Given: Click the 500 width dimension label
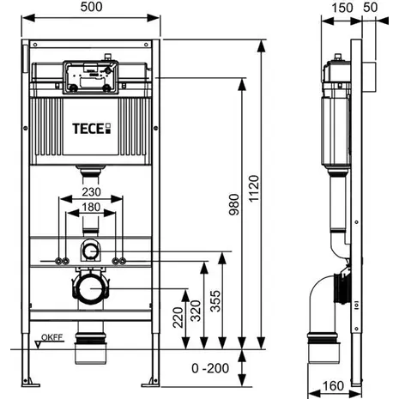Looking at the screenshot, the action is pyautogui.click(x=91, y=7).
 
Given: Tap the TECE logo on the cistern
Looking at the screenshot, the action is pyautogui.click(x=91, y=129).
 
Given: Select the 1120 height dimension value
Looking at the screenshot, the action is pyautogui.click(x=253, y=189).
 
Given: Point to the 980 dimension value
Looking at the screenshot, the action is pyautogui.click(x=234, y=204).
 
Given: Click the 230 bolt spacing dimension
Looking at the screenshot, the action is pyautogui.click(x=91, y=191).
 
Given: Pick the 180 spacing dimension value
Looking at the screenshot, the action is pyautogui.click(x=91, y=207).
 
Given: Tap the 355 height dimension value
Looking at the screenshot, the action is pyautogui.click(x=215, y=301).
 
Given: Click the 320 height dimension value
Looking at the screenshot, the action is pyautogui.click(x=196, y=311).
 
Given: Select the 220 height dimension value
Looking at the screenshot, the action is pyautogui.click(x=178, y=317).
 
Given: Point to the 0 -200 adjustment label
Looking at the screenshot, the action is pyautogui.click(x=210, y=368).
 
